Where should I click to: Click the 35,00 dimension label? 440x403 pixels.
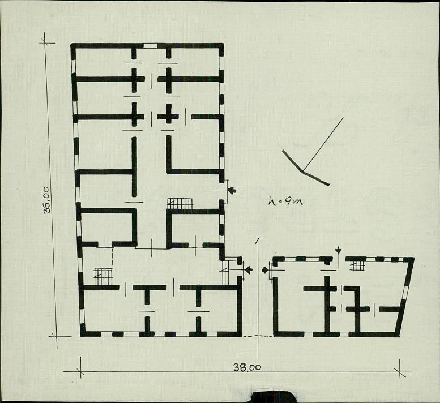(47, 200)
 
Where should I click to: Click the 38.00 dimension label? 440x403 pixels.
(247, 367)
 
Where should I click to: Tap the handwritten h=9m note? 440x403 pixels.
(285, 200)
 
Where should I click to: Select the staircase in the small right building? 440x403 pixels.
(357, 265)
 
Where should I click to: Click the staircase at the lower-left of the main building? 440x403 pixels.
(103, 277)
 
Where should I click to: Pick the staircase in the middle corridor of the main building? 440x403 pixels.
(180, 203)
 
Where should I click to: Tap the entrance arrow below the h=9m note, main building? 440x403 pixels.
(232, 191)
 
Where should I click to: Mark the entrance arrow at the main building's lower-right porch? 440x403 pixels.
(249, 270)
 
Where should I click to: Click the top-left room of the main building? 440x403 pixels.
(104, 62)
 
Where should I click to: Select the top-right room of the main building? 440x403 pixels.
(194, 62)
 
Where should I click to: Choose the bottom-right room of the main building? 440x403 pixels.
(219, 311)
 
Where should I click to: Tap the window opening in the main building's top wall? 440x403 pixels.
(150, 46)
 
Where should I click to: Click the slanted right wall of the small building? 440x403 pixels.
(405, 297)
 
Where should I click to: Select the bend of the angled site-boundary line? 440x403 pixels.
(304, 170)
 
